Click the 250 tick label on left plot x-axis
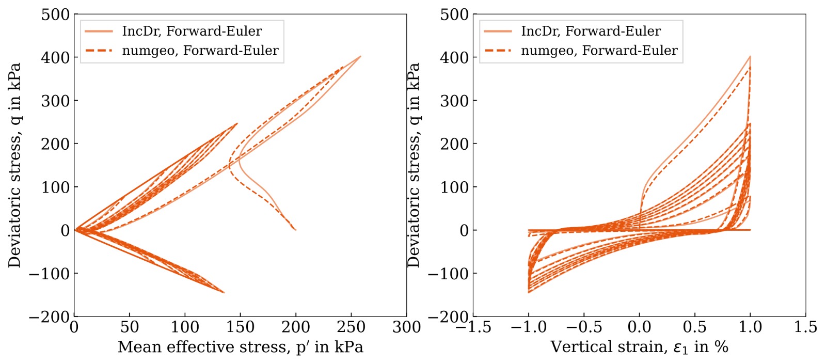coord(351,327)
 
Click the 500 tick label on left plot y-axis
coord(55,14)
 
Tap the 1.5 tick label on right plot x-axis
coord(805,327)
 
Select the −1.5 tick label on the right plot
coord(473,327)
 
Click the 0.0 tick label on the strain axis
coord(639,327)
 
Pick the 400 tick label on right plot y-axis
coord(454,58)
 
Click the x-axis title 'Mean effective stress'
coord(240,346)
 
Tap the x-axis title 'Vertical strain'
coord(639,346)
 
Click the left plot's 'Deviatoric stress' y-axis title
coord(14,165)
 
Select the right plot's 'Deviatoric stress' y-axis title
coord(414,165)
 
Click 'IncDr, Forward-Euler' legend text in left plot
coord(192,31)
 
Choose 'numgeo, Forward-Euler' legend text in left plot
coord(200,51)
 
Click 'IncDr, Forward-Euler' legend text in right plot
coord(591,31)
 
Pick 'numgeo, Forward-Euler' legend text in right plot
coord(599,51)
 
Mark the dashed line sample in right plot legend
coord(498,51)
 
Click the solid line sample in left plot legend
coord(99,31)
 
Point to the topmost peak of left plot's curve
coord(360,56)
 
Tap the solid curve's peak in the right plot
coord(750,57)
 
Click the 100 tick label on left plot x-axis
coord(185,327)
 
